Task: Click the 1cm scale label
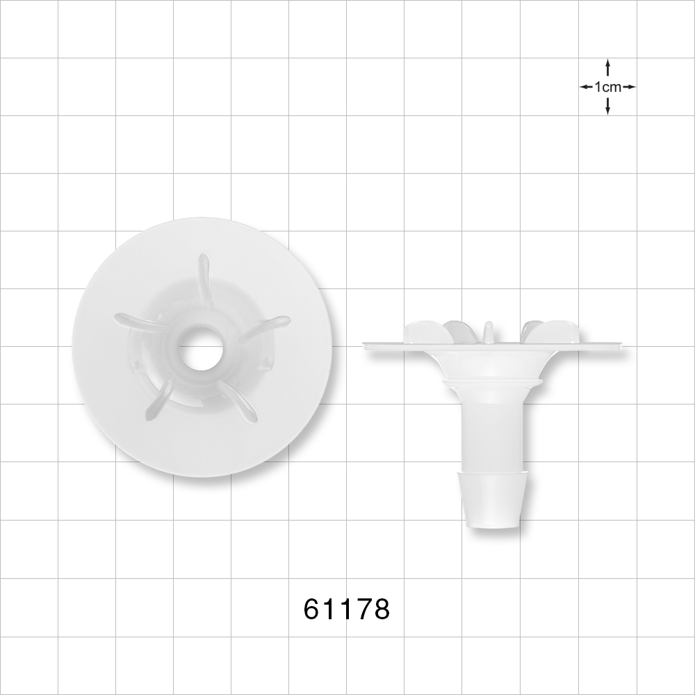(x=608, y=87)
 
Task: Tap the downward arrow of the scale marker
(x=608, y=107)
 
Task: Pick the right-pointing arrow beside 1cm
(x=629, y=87)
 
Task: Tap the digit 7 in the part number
(x=363, y=610)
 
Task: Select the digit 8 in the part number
(x=381, y=610)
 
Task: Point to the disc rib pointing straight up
(x=204, y=278)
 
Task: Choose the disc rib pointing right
(x=268, y=325)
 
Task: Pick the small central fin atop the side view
(x=488, y=330)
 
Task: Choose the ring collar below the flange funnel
(x=493, y=382)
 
